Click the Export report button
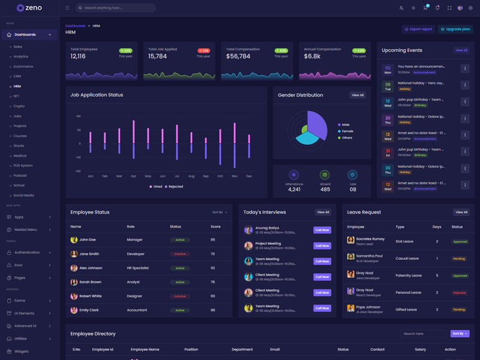(x=418, y=29)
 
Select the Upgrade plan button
(x=455, y=29)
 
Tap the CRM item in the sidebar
(x=17, y=76)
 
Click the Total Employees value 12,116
(x=78, y=56)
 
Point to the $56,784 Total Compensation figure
(x=238, y=56)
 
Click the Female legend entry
(x=347, y=131)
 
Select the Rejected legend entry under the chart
(x=175, y=187)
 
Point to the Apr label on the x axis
(x=133, y=176)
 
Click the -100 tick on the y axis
(x=78, y=171)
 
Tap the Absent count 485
(x=325, y=189)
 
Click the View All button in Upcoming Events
(x=461, y=50)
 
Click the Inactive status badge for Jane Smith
(x=179, y=254)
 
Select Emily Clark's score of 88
(x=213, y=310)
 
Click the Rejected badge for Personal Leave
(x=460, y=293)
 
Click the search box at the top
(x=117, y=8)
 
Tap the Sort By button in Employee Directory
(x=460, y=334)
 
